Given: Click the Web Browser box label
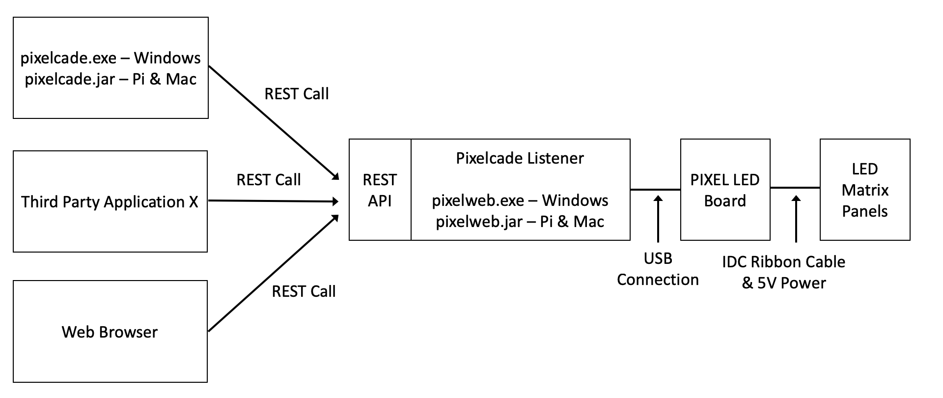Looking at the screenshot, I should pyautogui.click(x=110, y=332).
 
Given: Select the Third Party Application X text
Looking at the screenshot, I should pyautogui.click(x=110, y=202).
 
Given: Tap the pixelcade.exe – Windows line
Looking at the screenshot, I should pyautogui.click(x=111, y=58).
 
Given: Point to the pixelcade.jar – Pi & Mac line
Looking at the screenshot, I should pyautogui.click(x=111, y=79).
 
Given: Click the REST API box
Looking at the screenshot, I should pyautogui.click(x=380, y=190).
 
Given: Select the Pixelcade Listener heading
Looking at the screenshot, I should pyautogui.click(x=520, y=158).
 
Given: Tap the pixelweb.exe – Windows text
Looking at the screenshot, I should pyautogui.click(x=520, y=200).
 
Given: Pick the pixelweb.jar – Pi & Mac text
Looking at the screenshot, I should pyautogui.click(x=520, y=222).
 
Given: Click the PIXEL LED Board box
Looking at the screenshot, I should pyautogui.click(x=725, y=190).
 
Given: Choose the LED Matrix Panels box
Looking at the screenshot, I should pyautogui.click(x=865, y=190).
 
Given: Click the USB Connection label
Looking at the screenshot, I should pyautogui.click(x=658, y=269).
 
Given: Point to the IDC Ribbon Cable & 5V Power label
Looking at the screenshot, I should pyautogui.click(x=783, y=272).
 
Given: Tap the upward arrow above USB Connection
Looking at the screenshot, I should pyautogui.click(x=658, y=219).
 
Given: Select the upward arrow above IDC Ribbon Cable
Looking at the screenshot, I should pyautogui.click(x=796, y=219).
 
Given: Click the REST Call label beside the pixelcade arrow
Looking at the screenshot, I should pyautogui.click(x=297, y=94).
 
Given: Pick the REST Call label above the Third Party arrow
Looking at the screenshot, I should pyautogui.click(x=269, y=180).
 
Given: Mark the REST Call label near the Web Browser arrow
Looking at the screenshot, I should pyautogui.click(x=304, y=291).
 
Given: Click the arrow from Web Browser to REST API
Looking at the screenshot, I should pyautogui.click(x=273, y=273).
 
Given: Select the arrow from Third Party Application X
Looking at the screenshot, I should pyautogui.click(x=273, y=201).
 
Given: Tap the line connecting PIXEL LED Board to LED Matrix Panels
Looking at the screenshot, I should pyautogui.click(x=795, y=187).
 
